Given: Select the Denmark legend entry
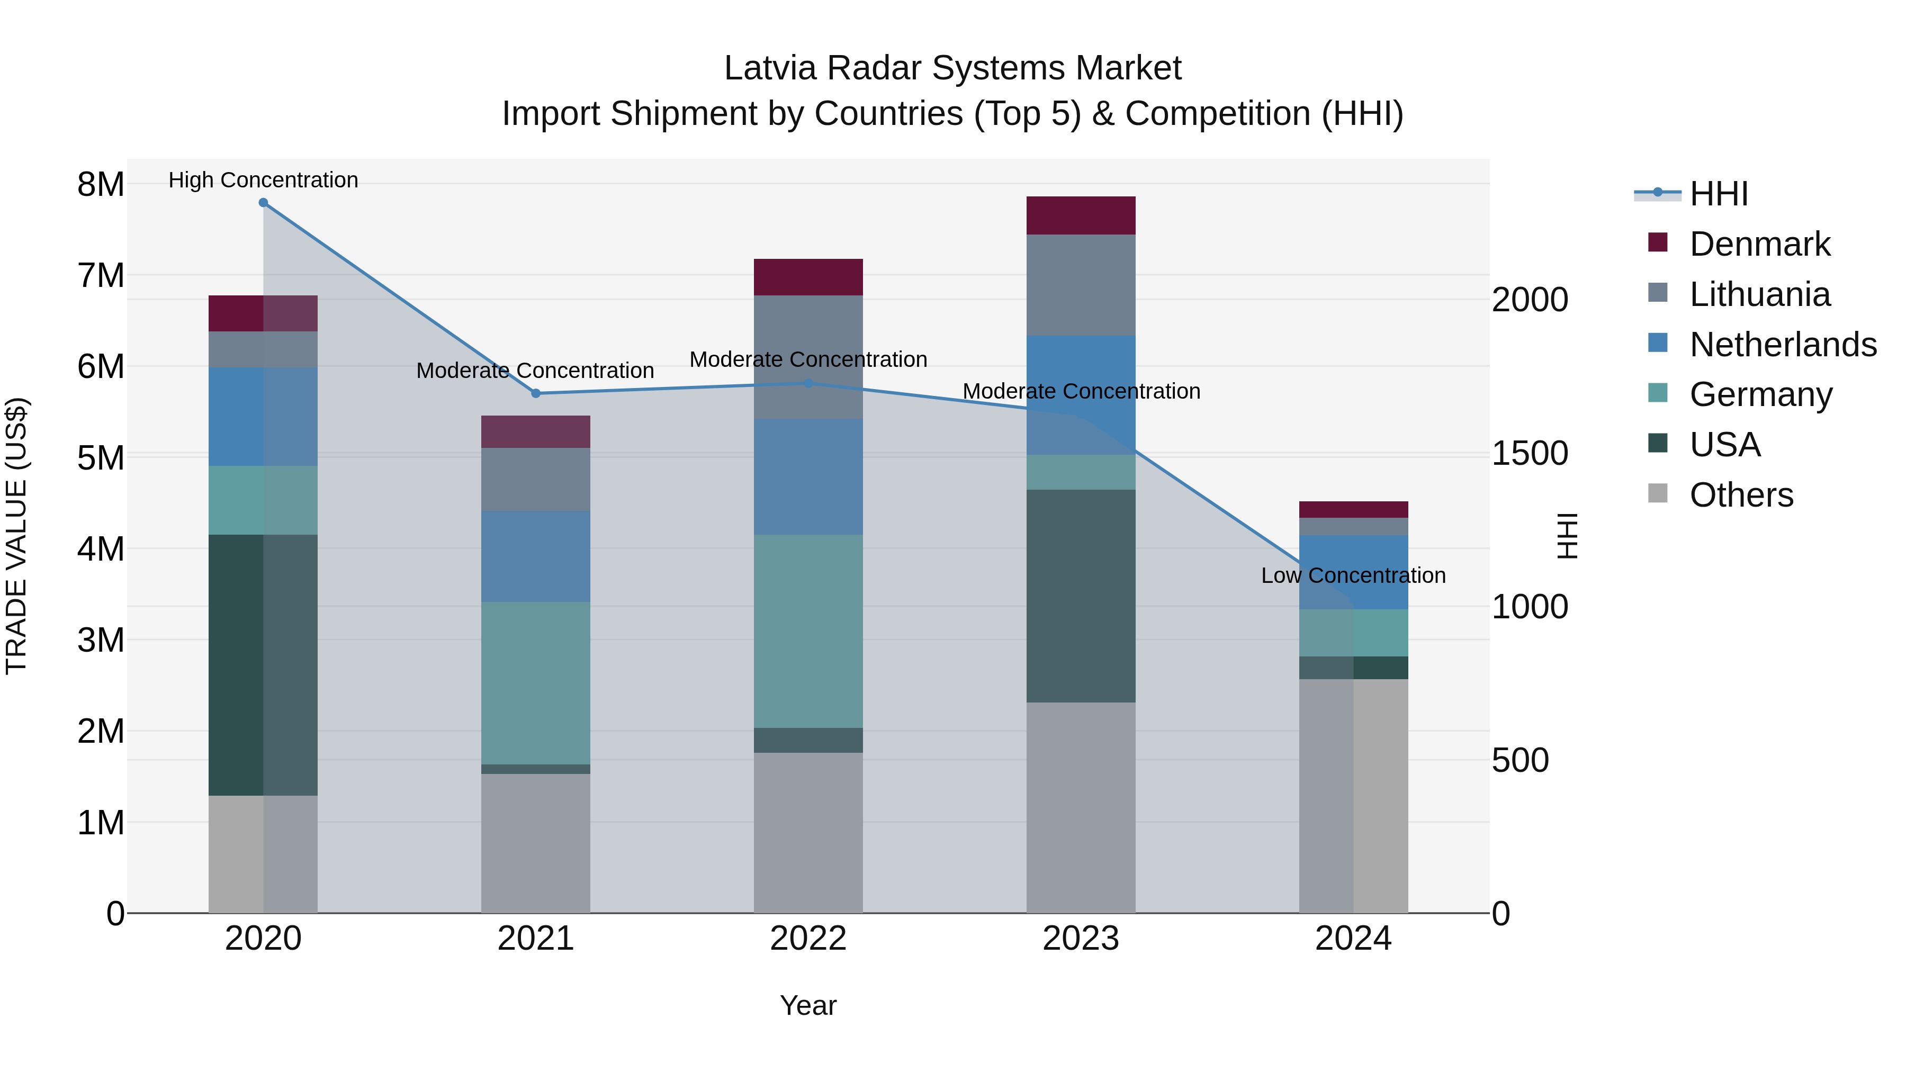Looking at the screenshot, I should point(1759,244).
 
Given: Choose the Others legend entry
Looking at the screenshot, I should point(1741,495).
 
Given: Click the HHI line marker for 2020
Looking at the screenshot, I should point(264,203).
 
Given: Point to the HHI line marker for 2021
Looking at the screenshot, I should point(536,393).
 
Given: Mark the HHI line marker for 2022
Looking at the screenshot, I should point(808,383).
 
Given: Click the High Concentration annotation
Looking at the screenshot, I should point(264,180).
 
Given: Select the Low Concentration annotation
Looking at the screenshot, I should point(1353,575).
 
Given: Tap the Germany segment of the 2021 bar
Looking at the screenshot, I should point(536,682).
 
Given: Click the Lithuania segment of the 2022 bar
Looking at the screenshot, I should point(808,357).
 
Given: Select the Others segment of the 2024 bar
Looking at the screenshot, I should point(1353,795).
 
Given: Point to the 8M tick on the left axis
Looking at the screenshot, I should point(101,184).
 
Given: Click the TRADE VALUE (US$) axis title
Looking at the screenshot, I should point(16,536).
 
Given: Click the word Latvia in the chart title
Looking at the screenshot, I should point(769,68).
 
